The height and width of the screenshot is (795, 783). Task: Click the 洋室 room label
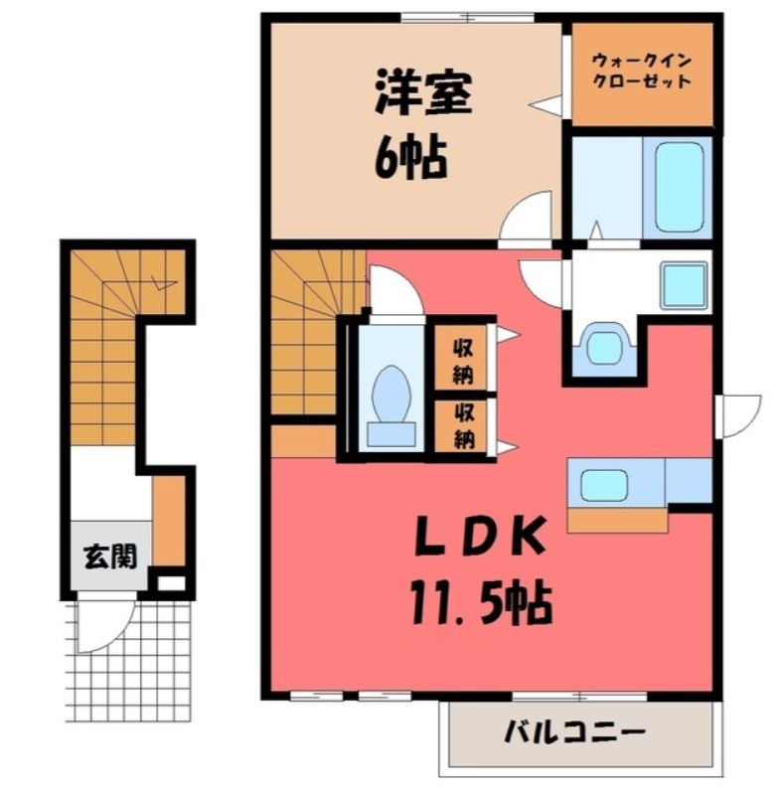coord(423,95)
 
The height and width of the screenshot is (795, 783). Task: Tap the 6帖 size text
coord(410,158)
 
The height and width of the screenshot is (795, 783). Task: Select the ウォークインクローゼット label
coord(642,71)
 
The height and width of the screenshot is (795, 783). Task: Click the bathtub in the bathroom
coord(679,186)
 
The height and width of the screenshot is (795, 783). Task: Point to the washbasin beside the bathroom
coord(684,284)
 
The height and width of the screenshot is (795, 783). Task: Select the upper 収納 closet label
coord(462,361)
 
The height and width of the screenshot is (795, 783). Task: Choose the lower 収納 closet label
coord(463,425)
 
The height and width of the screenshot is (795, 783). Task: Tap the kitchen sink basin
coord(604,484)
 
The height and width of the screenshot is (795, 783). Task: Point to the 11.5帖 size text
coord(481,603)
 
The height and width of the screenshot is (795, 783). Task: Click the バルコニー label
coord(574,732)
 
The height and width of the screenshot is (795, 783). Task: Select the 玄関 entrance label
coord(110,556)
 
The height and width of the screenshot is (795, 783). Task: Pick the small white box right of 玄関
coord(172,583)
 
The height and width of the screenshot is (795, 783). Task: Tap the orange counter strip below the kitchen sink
coord(618,521)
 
